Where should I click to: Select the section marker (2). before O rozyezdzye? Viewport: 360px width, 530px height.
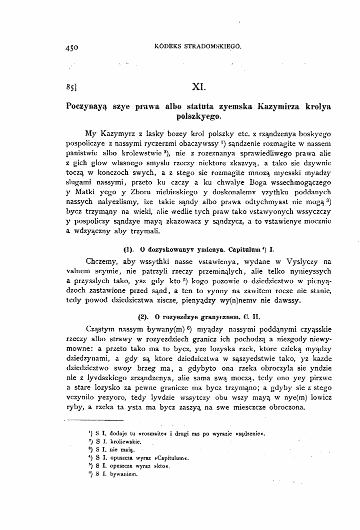(x=143, y=316)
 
